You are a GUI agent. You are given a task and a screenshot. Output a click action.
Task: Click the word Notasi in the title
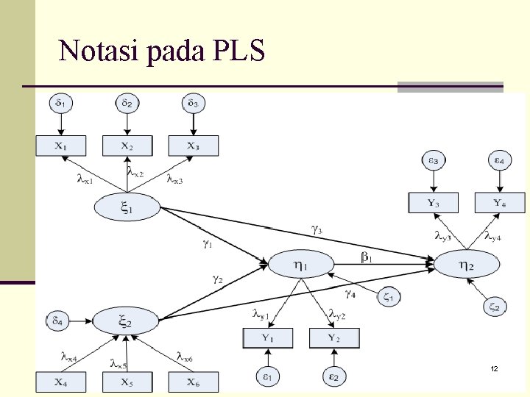point(92,51)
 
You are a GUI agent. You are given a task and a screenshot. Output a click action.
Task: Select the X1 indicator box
point(61,146)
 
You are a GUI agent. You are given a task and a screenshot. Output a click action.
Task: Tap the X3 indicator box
point(193,146)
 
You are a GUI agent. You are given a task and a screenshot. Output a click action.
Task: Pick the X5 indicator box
point(127,382)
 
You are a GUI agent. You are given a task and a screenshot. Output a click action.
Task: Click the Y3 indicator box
point(434,202)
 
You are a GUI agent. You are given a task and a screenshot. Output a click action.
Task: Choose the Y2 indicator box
point(334,338)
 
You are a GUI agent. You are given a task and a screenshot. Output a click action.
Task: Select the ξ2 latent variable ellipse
point(126,321)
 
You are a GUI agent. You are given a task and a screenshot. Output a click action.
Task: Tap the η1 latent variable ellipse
point(301,263)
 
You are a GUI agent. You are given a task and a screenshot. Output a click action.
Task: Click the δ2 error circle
point(127,104)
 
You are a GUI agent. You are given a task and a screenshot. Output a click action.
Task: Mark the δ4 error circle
point(58,321)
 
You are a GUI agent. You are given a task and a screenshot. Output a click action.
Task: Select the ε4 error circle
point(499,160)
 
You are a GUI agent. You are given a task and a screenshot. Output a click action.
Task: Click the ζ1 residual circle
point(389,297)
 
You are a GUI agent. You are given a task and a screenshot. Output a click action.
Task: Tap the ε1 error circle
point(267,377)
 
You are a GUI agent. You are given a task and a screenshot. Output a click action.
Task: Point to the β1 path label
point(367,257)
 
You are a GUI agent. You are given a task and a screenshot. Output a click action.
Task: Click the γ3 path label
point(316,229)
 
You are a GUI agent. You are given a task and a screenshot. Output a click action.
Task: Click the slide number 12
point(494,367)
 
